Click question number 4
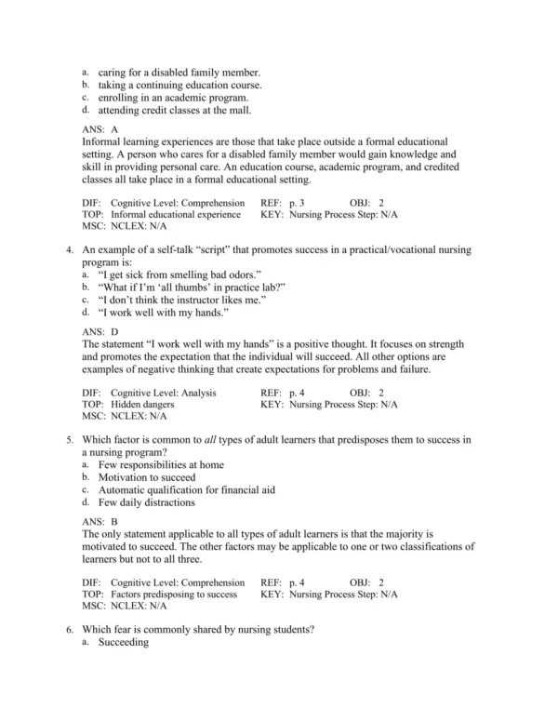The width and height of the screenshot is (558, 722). click(x=70, y=250)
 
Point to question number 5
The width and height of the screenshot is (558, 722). click(x=70, y=440)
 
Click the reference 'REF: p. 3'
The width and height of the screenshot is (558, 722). click(x=283, y=202)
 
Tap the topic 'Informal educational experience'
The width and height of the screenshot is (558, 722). click(x=173, y=214)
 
